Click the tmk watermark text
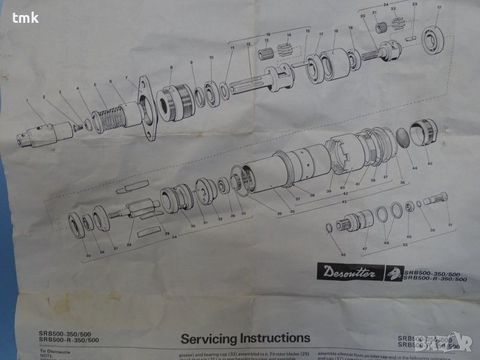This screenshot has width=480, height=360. (x=25, y=17)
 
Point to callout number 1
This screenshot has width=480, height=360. (x=27, y=101)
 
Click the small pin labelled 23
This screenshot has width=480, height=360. (x=411, y=39)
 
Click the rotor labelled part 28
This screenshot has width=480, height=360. (x=137, y=210)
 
